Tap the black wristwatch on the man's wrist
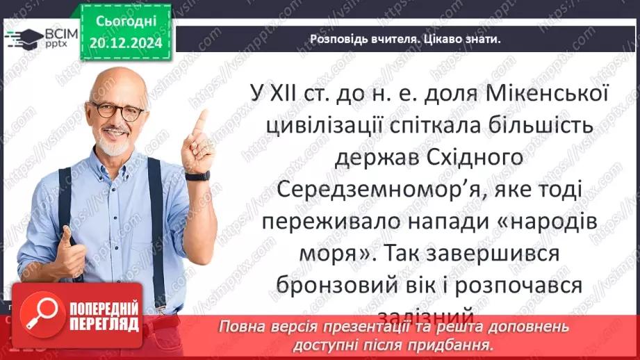pos(199,176)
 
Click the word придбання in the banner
pos(463,344)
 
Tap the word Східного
pos(481,158)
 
